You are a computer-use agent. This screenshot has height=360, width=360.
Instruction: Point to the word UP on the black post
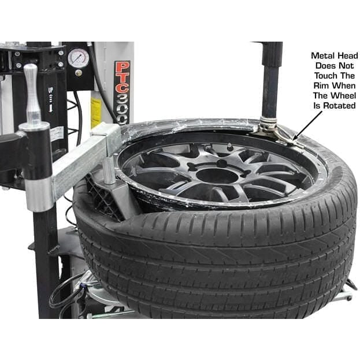click(x=51, y=92)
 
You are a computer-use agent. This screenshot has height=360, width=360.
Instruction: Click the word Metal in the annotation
click(x=322, y=56)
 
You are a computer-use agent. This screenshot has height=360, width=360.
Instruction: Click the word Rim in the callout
click(x=318, y=86)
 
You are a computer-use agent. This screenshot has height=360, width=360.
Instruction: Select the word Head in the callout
click(x=347, y=56)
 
